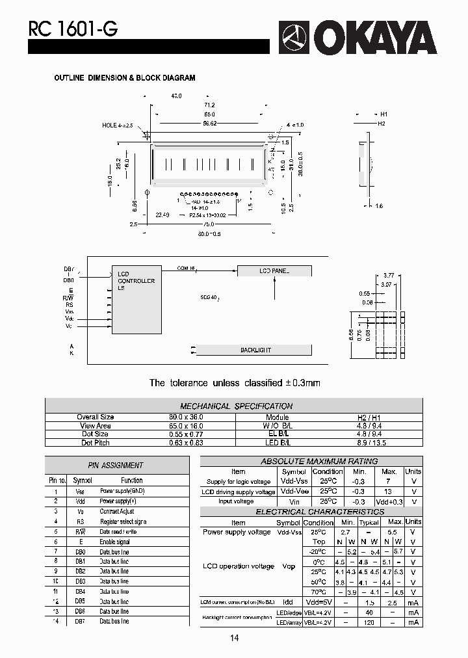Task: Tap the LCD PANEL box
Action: pyautogui.click(x=274, y=270)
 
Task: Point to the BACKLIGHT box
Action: pyautogui.click(x=255, y=350)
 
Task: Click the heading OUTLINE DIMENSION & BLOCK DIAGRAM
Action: pyautogui.click(x=124, y=78)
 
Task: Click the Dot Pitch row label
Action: pyautogui.click(x=96, y=442)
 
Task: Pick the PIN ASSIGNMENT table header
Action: pyautogui.click(x=116, y=465)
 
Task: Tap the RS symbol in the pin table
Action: pyautogui.click(x=80, y=521)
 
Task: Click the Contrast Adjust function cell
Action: pyautogui.click(x=117, y=512)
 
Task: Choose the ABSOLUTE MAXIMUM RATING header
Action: pyautogui.click(x=318, y=461)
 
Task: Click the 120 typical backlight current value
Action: pyautogui.click(x=369, y=622)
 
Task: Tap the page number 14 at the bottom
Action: pyautogui.click(x=234, y=638)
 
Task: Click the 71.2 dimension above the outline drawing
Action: pyautogui.click(x=209, y=105)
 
